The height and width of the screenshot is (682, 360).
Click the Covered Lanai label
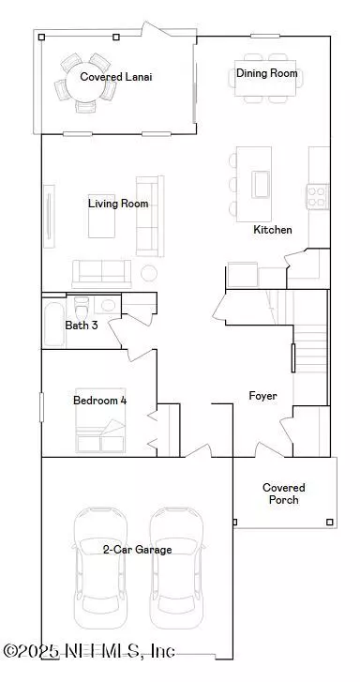(116, 77)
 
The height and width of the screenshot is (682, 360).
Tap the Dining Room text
(267, 73)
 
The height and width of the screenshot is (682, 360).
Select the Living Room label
(118, 204)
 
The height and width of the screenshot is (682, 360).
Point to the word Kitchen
(273, 230)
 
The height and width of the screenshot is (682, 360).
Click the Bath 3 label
(82, 325)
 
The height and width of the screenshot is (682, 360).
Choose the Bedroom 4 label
(100, 401)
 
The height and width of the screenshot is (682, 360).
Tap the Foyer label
(262, 396)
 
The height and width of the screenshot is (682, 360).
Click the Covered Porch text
(283, 493)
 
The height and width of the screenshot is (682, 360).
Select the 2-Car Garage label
(138, 550)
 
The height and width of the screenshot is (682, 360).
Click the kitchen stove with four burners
(318, 197)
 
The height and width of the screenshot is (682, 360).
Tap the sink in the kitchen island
(261, 185)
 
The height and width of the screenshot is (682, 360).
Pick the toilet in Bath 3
(82, 308)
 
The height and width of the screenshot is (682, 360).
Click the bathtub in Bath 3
(54, 323)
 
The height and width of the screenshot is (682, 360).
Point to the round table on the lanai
(82, 82)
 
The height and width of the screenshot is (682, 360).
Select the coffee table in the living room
(102, 216)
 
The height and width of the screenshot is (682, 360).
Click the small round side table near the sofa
(149, 273)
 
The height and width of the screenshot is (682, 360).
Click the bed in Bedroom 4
(101, 420)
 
